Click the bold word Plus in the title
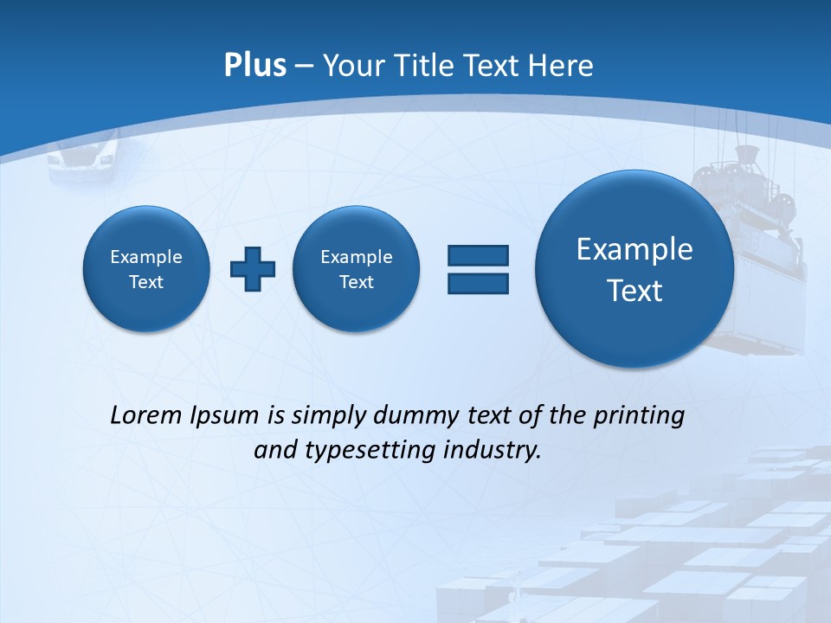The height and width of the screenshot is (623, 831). point(254,66)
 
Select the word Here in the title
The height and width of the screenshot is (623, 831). point(562,66)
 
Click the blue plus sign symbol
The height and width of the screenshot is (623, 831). point(253,268)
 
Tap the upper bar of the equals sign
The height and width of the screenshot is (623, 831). point(478,255)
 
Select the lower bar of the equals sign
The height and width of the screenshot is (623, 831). point(478,283)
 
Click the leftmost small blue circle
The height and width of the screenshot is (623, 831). point(146,269)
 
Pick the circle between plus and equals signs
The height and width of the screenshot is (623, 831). point(357,269)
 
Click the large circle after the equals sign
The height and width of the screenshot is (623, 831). point(635,269)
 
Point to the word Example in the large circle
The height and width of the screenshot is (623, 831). point(635,249)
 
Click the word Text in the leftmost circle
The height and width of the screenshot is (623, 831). point(146,282)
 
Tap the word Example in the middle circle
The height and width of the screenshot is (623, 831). point(357,257)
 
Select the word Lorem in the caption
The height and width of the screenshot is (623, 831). point(146,415)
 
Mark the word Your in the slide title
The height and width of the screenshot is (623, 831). point(350,66)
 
